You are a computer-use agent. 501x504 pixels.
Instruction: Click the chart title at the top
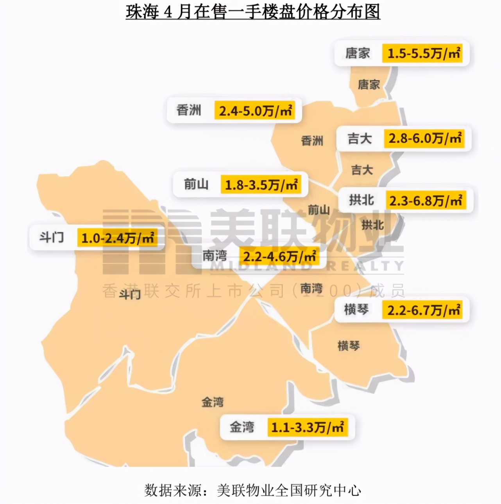pos(253,12)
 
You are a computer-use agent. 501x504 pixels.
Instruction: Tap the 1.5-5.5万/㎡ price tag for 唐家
pos(424,53)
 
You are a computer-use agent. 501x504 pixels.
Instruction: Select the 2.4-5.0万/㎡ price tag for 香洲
pos(255,111)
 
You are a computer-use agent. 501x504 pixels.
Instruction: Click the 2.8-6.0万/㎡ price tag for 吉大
pos(425,138)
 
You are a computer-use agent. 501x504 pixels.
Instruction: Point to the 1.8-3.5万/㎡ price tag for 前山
pos(261,185)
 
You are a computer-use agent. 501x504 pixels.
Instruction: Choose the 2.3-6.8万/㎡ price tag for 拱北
pos(426,200)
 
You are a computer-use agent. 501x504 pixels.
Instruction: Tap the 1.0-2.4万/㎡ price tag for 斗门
pos(117,238)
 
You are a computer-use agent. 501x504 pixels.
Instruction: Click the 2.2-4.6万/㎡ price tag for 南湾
pos(279,257)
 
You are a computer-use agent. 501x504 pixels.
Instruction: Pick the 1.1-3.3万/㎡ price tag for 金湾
pos(308,427)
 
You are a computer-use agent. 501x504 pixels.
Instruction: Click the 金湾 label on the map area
pos(213,402)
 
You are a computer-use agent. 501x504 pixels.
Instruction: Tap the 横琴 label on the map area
pos(349,346)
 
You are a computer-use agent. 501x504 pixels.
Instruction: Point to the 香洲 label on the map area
pos(312,141)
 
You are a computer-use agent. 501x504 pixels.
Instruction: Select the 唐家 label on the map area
pos(369,84)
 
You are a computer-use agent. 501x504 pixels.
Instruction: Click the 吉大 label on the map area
pos(362,170)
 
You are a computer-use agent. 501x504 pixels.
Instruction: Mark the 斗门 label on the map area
pos(130,294)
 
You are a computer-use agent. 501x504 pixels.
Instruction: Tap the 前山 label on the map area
pos(319,210)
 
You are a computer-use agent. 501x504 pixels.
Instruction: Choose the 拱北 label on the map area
pos(372,225)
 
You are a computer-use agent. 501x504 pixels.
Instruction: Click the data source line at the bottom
pos(252,490)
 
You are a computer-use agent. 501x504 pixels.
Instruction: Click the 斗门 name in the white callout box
pos(52,237)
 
